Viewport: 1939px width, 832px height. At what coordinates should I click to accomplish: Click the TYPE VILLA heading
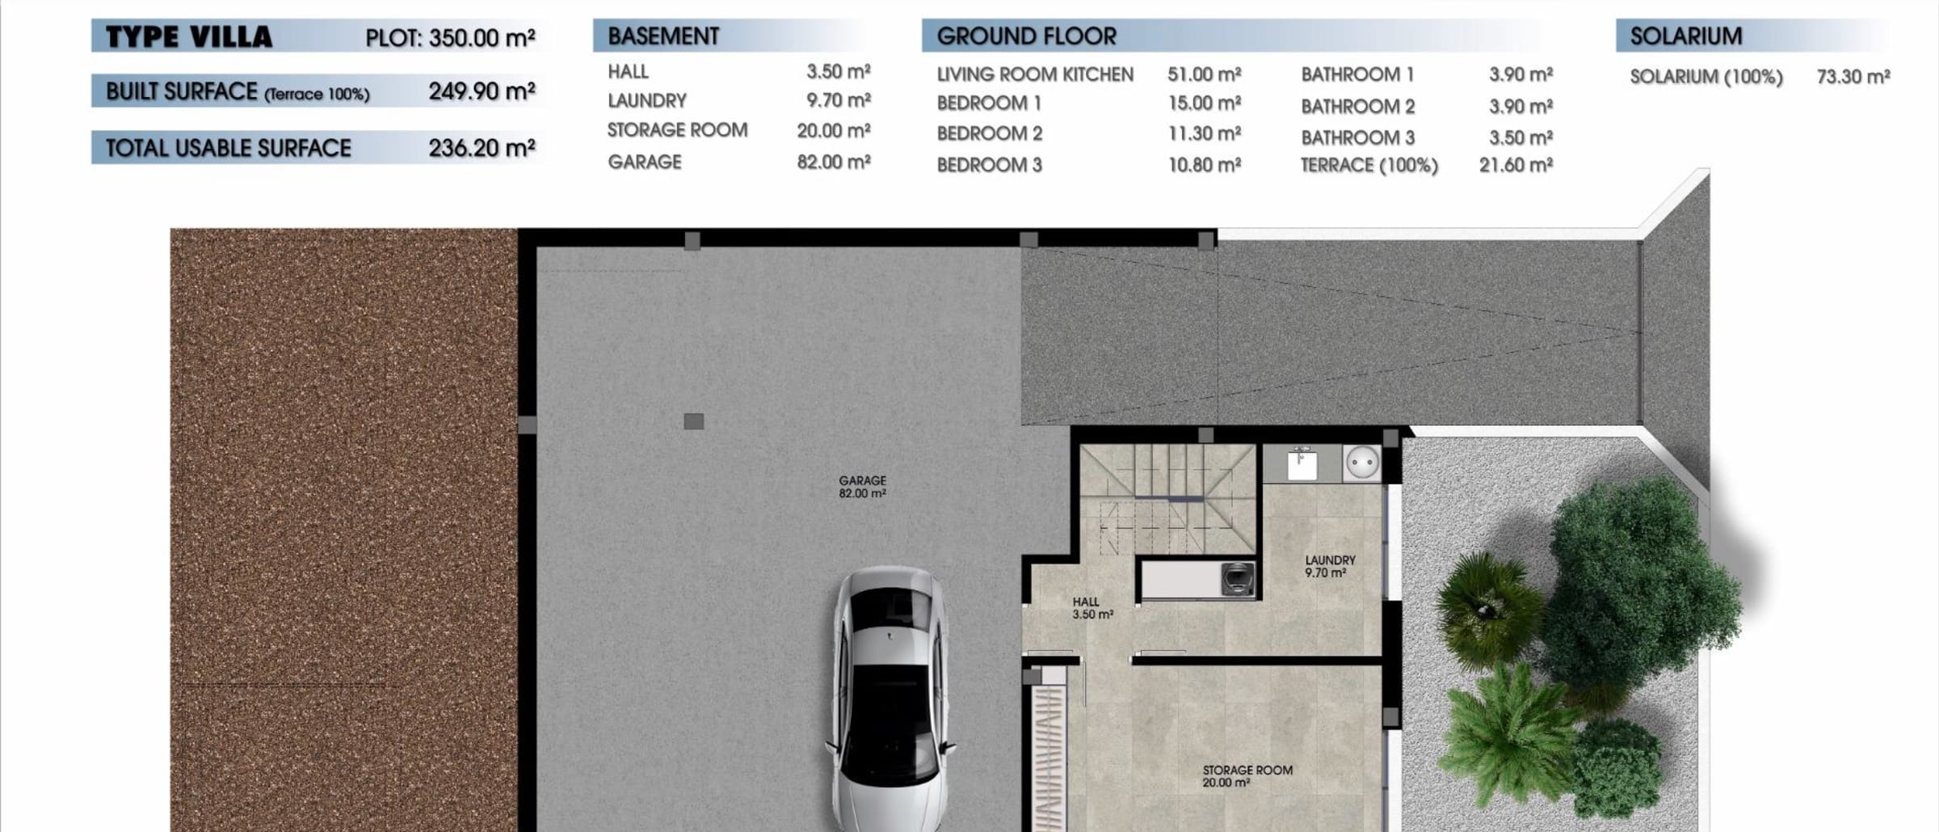click(189, 37)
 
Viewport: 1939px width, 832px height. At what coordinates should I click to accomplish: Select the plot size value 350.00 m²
click(482, 38)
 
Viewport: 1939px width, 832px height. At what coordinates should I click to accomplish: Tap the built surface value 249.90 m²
click(482, 91)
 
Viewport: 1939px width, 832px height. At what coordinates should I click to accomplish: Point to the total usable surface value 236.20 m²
click(482, 148)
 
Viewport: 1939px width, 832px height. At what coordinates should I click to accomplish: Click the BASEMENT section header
click(663, 36)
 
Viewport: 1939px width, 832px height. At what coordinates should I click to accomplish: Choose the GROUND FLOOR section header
click(1026, 36)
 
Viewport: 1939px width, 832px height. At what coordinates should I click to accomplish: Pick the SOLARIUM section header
click(1686, 36)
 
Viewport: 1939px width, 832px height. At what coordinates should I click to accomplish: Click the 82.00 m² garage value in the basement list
click(834, 162)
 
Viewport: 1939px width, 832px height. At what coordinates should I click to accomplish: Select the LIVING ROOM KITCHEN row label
click(1035, 74)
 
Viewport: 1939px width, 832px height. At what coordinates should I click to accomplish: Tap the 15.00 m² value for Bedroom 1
click(1205, 103)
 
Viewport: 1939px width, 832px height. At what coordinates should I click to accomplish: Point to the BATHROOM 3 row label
click(1357, 137)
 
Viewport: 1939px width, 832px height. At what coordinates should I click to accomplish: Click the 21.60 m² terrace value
click(1516, 165)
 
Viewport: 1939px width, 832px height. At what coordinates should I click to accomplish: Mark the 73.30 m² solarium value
click(1853, 77)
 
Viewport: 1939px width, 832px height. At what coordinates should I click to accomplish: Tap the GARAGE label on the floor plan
click(862, 480)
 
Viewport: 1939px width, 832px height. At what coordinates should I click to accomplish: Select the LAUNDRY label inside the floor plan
click(1330, 560)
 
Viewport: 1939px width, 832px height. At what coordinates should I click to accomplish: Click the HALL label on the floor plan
click(1086, 602)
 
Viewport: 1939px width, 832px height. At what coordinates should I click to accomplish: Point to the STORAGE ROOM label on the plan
click(1247, 771)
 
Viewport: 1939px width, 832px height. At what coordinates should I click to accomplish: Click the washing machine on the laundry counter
click(1237, 579)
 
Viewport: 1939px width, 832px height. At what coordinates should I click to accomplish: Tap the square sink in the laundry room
click(1302, 465)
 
